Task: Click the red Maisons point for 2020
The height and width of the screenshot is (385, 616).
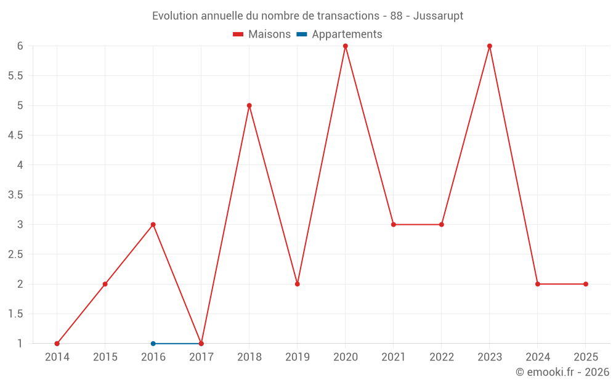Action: pyautogui.click(x=346, y=46)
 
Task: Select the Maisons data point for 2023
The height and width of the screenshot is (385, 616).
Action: pyautogui.click(x=490, y=46)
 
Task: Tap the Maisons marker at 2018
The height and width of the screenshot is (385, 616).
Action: pyautogui.click(x=249, y=105)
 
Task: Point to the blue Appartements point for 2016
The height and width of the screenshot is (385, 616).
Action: pyautogui.click(x=153, y=344)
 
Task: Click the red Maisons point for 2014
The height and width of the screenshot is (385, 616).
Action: pyautogui.click(x=57, y=344)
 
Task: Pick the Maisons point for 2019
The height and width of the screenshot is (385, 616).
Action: pyautogui.click(x=298, y=284)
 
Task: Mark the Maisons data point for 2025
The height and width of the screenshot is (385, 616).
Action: pyautogui.click(x=586, y=284)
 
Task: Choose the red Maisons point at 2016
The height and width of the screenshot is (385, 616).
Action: pyautogui.click(x=153, y=224)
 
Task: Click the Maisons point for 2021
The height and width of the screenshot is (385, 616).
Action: pyautogui.click(x=394, y=224)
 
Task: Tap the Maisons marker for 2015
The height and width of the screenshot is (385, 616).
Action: pyautogui.click(x=105, y=284)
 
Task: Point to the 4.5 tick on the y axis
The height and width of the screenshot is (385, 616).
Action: pyautogui.click(x=15, y=136)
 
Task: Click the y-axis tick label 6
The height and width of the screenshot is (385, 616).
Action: pyautogui.click(x=20, y=46)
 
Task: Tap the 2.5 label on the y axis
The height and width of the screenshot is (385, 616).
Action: pyautogui.click(x=15, y=254)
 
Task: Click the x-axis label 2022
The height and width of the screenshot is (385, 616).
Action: pyautogui.click(x=442, y=357)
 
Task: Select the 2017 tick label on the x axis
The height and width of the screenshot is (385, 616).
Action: pyautogui.click(x=201, y=357)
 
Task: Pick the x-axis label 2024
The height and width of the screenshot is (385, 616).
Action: pyautogui.click(x=538, y=357)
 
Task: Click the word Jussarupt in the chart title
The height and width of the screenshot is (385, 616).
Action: pyautogui.click(x=439, y=15)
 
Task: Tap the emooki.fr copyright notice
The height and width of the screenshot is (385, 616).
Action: pyautogui.click(x=562, y=372)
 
